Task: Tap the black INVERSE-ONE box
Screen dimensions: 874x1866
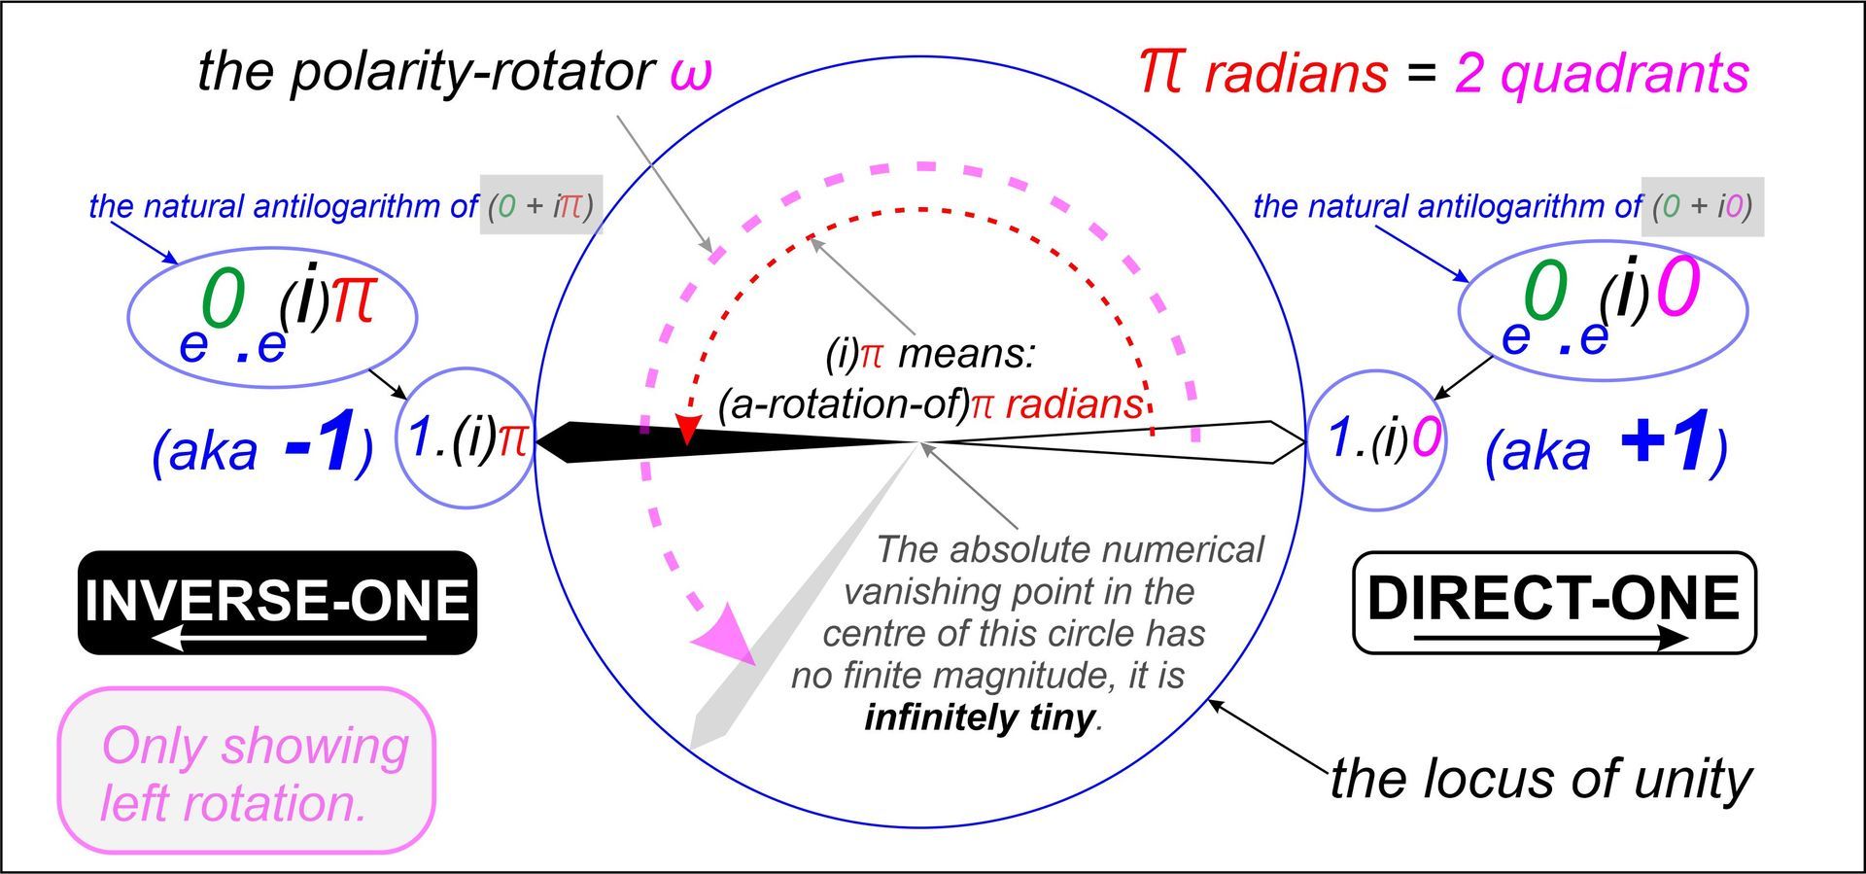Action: pyautogui.click(x=277, y=602)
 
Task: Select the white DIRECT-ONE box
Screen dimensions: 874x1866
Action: pyautogui.click(x=1554, y=602)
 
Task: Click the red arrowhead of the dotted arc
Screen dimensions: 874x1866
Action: pyautogui.click(x=688, y=431)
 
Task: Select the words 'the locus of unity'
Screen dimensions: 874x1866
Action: pyautogui.click(x=1540, y=779)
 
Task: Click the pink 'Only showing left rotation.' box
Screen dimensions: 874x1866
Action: pyautogui.click(x=247, y=771)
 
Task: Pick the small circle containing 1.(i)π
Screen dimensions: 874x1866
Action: pyautogui.click(x=466, y=437)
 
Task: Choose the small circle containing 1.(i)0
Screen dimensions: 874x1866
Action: pyautogui.click(x=1374, y=438)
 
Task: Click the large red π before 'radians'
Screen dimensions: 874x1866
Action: pyautogui.click(x=1161, y=73)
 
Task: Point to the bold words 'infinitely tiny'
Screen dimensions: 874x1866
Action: pyautogui.click(x=980, y=717)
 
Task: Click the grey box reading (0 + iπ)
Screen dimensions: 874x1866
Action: pyautogui.click(x=541, y=205)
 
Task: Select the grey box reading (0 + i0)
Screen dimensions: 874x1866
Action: pyautogui.click(x=1703, y=205)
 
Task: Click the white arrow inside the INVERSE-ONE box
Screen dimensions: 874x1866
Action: pyautogui.click(x=290, y=638)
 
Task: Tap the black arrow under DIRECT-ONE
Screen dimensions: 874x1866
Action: pyautogui.click(x=1551, y=638)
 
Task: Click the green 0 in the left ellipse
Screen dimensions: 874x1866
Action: pyautogui.click(x=223, y=299)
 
